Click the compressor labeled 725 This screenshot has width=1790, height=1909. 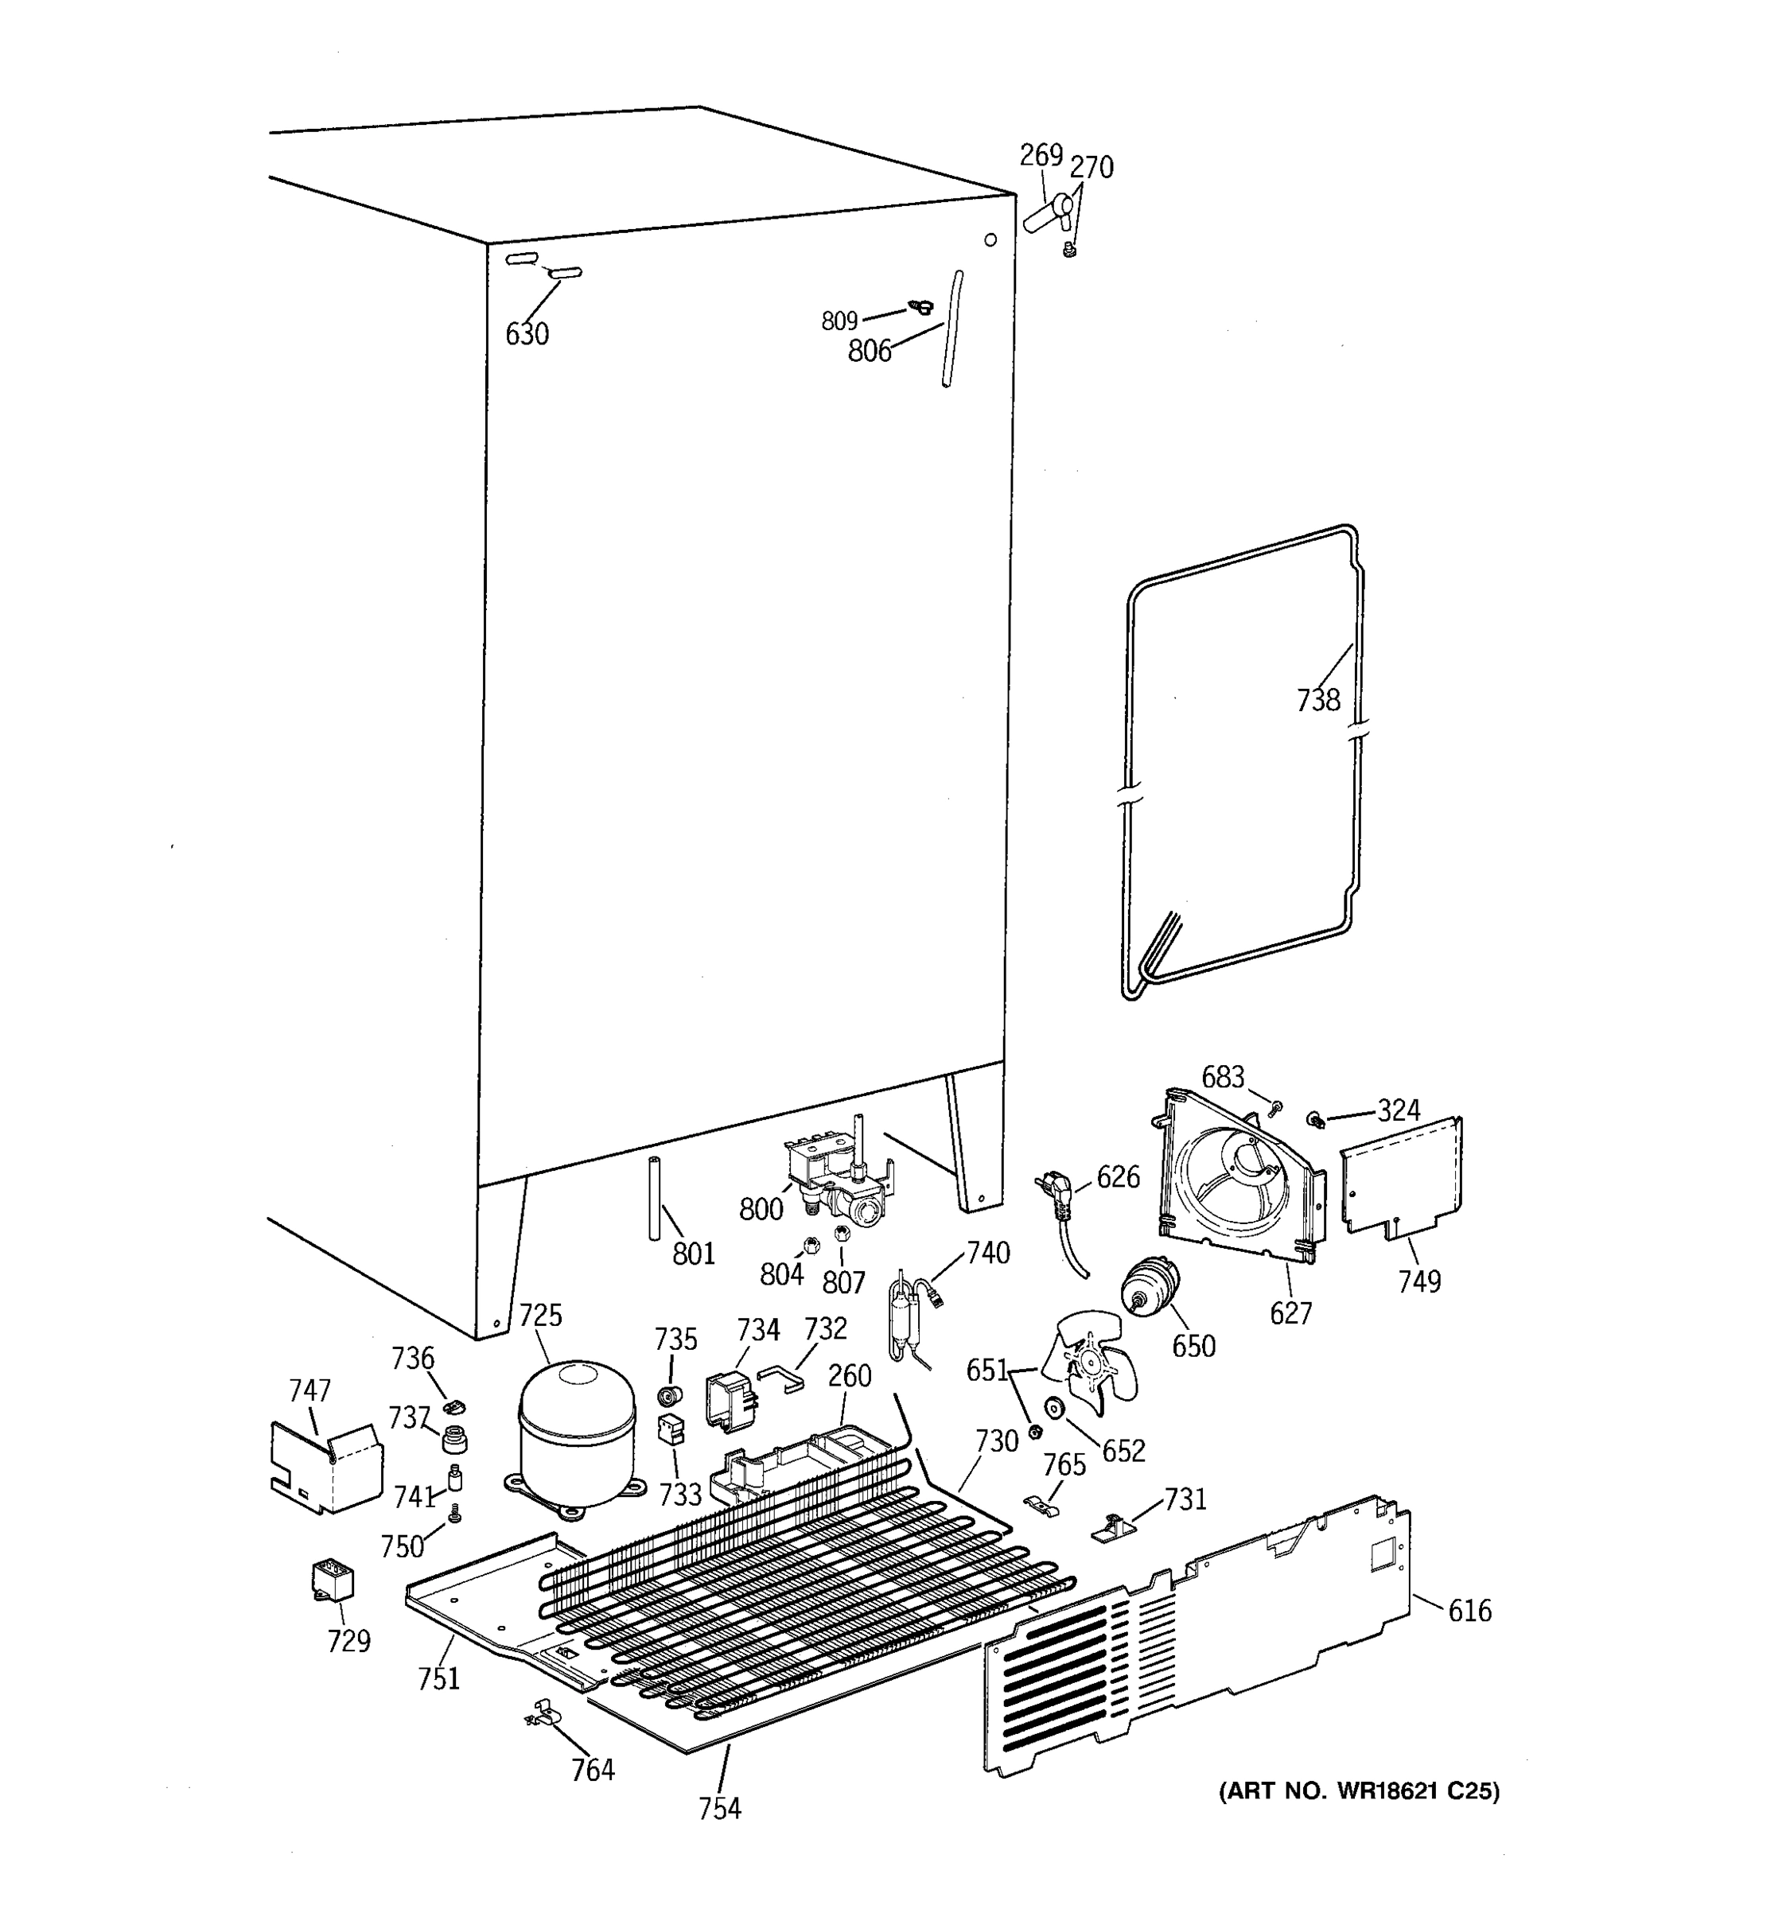click(576, 1440)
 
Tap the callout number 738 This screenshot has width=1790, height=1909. click(1317, 701)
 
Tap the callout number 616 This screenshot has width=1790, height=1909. click(1469, 1611)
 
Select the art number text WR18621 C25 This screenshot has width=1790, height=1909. click(1358, 1791)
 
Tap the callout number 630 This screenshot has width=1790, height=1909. click(527, 334)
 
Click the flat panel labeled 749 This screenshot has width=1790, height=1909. click(1402, 1176)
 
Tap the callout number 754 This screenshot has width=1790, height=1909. click(719, 1809)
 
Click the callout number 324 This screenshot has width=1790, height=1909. click(1399, 1111)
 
